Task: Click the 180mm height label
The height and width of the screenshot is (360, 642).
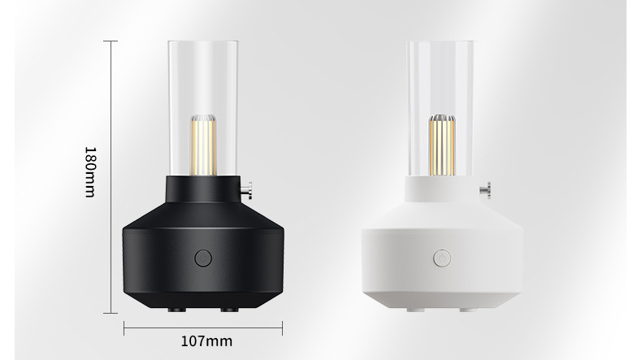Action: pyautogui.click(x=89, y=172)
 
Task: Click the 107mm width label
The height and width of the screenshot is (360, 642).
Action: pyautogui.click(x=206, y=341)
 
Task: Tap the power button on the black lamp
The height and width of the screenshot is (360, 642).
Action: pyautogui.click(x=202, y=258)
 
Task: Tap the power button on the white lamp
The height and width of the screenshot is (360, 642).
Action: pyautogui.click(x=442, y=258)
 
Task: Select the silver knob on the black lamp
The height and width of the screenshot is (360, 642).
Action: pyautogui.click(x=246, y=190)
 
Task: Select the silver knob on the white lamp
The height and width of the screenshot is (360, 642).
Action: pyautogui.click(x=485, y=190)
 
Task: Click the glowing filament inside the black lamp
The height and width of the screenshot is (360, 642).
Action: pyautogui.click(x=203, y=145)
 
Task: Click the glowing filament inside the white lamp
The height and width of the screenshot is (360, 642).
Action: pyautogui.click(x=442, y=145)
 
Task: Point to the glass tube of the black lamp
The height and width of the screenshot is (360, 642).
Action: pyautogui.click(x=202, y=108)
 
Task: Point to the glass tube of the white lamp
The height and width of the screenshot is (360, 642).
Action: pyautogui.click(x=440, y=108)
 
